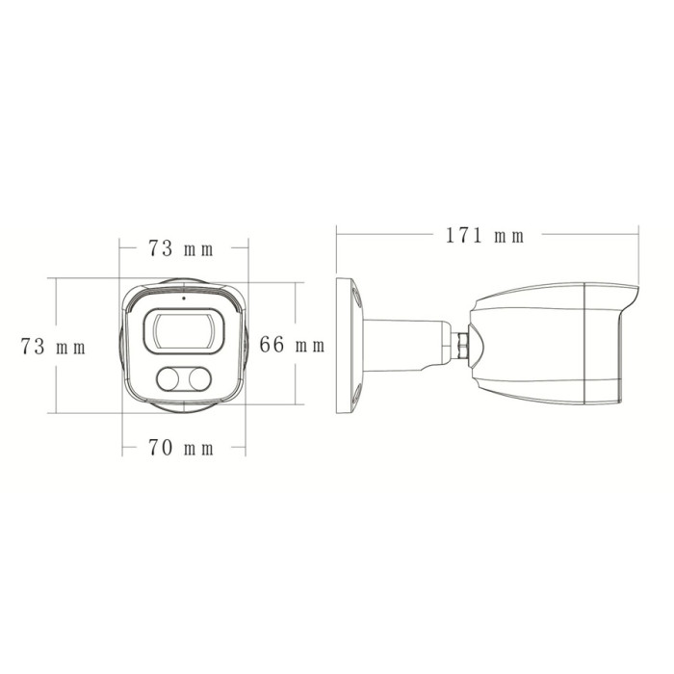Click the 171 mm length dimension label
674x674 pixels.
tap(485, 236)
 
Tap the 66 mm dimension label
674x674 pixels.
tap(292, 345)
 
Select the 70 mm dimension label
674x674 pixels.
tap(181, 448)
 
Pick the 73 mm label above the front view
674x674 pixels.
tap(181, 248)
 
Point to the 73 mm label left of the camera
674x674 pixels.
tap(53, 347)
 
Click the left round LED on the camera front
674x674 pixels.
tap(168, 379)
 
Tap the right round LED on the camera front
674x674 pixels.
tap(199, 379)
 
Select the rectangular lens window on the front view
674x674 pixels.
tap(184, 331)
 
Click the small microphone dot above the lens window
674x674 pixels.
tap(184, 298)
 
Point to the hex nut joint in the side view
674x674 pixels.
tap(462, 345)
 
